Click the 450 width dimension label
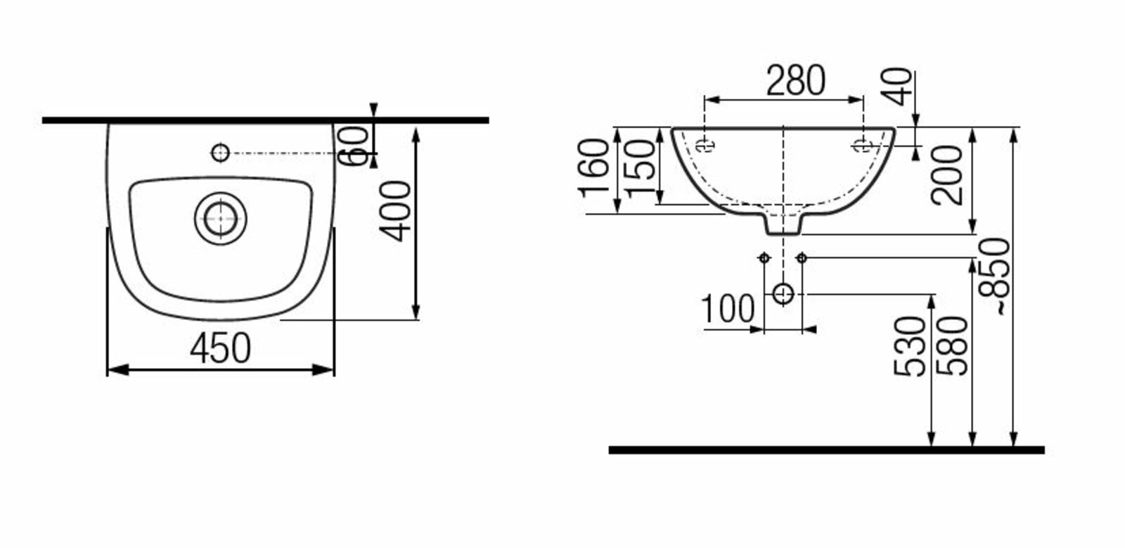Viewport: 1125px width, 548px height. pos(221,348)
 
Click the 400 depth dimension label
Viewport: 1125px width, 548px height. pos(395,212)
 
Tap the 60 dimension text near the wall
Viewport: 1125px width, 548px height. pos(354,146)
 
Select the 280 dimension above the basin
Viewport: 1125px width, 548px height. pos(795,80)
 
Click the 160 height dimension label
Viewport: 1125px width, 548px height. pos(593,169)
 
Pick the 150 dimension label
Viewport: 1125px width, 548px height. pos(639,169)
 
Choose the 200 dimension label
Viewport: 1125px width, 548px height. pos(946,175)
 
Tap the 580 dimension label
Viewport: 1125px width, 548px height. pos(952,346)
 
